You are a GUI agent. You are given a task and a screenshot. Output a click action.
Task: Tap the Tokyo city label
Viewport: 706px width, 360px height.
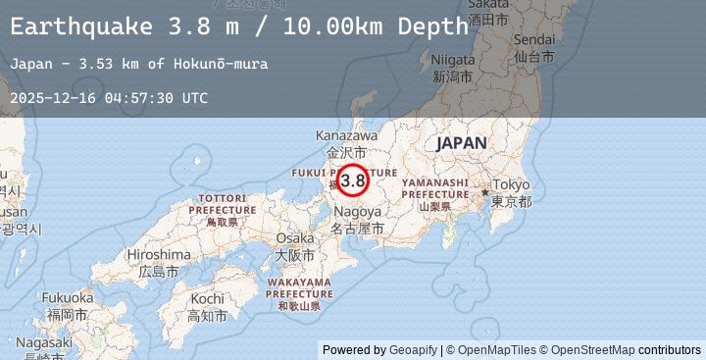point(511,185)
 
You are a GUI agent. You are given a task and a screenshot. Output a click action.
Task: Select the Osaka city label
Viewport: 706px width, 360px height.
point(295,238)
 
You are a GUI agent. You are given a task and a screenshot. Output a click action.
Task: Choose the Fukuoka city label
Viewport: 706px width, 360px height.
point(68,297)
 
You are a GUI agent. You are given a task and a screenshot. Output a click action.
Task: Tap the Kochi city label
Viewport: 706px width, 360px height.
point(208,298)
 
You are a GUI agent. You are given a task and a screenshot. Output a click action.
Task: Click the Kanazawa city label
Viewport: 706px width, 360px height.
point(346,135)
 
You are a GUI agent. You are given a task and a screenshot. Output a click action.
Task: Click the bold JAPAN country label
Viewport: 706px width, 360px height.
point(461,143)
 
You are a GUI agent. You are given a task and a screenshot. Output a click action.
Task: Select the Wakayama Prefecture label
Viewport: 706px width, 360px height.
point(300,288)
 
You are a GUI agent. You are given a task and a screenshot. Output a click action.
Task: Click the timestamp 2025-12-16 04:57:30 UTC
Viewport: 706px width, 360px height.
point(109,98)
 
